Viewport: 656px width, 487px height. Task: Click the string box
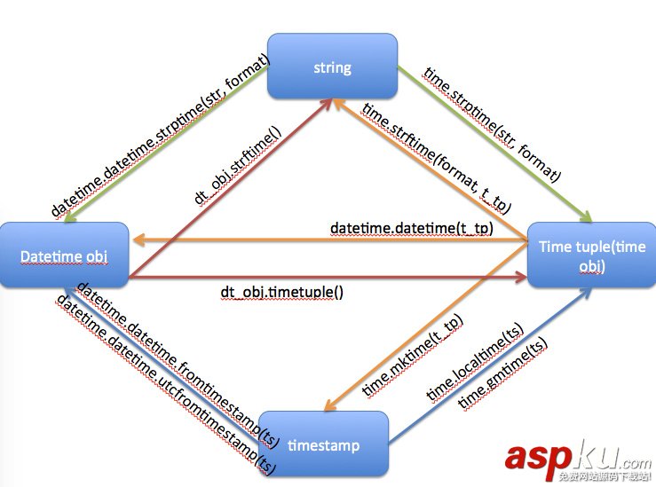click(332, 67)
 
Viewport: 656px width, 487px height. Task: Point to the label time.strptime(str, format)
click(492, 124)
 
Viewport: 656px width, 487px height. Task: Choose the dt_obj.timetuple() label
click(282, 291)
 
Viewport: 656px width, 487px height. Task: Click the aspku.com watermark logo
click(578, 459)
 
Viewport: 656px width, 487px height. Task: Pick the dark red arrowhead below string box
click(328, 105)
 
